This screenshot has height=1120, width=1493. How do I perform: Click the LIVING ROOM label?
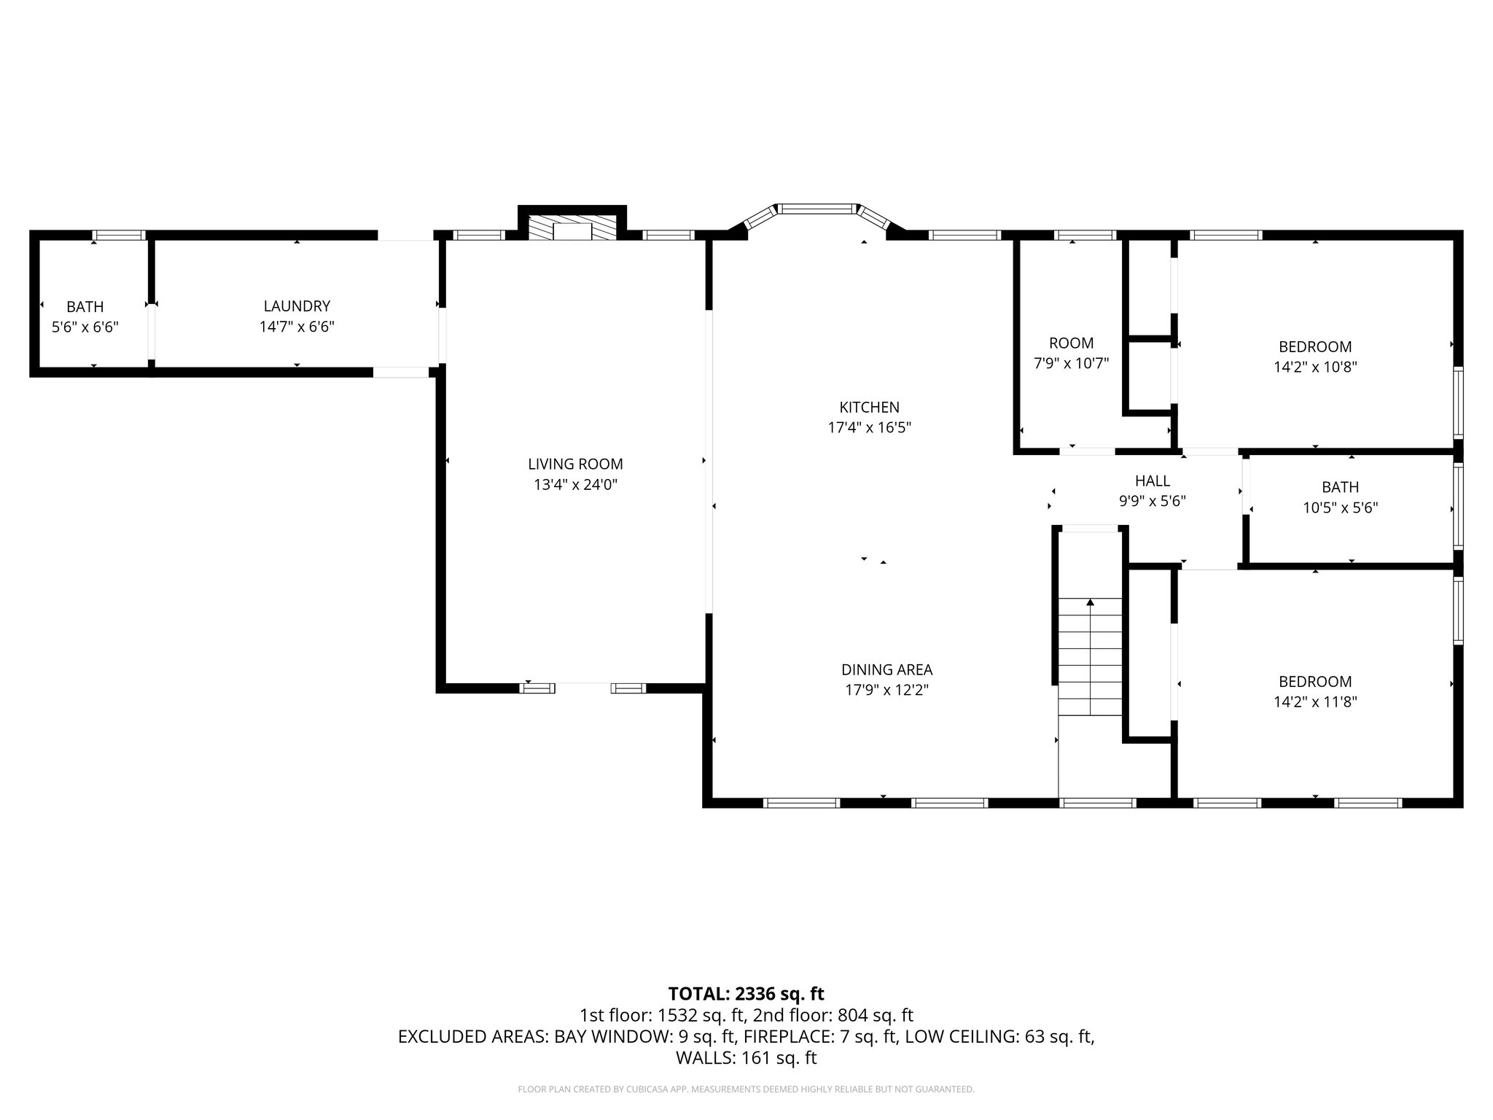point(575,464)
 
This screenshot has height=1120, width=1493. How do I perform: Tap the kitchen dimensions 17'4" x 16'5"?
point(869,427)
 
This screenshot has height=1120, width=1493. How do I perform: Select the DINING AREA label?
point(886,669)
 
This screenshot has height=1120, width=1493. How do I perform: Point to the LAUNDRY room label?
point(297,306)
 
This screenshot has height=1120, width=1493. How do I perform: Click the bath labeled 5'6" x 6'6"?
point(85,327)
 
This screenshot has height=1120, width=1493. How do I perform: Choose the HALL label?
point(1152,481)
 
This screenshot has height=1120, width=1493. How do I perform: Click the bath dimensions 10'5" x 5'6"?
point(1340,507)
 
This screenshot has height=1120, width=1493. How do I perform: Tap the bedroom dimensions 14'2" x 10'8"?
point(1314,367)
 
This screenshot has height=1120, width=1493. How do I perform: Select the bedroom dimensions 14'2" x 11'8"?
point(1314,701)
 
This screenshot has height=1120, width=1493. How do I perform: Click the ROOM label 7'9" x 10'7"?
point(1071,343)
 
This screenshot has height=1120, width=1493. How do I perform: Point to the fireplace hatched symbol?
point(573,227)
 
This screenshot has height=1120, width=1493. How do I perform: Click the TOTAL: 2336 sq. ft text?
point(746,993)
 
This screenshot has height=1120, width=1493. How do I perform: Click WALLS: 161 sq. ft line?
point(746,1057)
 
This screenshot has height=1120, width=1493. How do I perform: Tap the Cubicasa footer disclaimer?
point(746,1089)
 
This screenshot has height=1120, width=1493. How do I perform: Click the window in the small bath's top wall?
point(119,235)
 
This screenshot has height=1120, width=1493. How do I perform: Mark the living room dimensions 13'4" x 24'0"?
point(575,484)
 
